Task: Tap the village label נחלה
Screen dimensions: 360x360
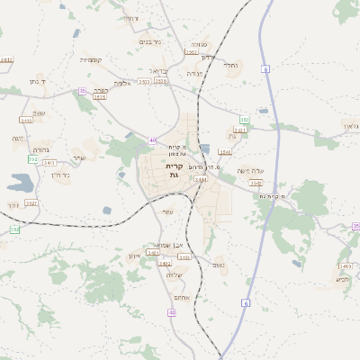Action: pos(230,65)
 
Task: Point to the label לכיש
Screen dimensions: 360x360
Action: pos(343,278)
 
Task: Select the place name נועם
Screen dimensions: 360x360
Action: pos(218,265)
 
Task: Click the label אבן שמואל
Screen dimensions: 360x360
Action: pos(168,245)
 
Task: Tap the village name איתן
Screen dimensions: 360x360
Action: pos(134,256)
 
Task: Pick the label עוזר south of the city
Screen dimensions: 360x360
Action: pos(167,211)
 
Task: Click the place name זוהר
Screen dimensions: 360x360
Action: pos(17,139)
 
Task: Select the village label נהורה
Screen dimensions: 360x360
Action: pos(41,149)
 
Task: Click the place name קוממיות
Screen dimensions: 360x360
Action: pos(91,60)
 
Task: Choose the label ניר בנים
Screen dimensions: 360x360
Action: pos(150,41)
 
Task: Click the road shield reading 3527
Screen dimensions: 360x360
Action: pos(31,203)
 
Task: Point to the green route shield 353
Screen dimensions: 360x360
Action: pos(243,119)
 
